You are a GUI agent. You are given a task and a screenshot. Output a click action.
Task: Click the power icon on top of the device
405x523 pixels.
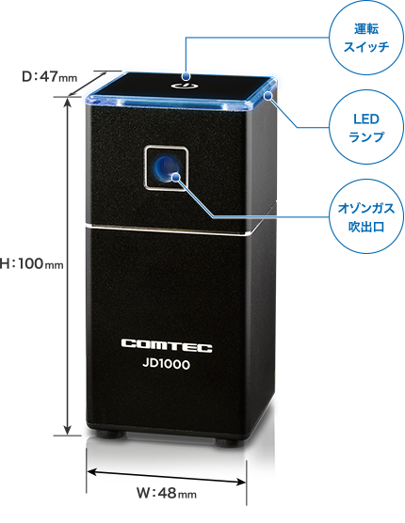coord(183,86)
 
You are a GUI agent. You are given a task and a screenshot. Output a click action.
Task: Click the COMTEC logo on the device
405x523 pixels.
coord(167,345)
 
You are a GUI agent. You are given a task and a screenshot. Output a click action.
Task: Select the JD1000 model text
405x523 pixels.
coord(166,363)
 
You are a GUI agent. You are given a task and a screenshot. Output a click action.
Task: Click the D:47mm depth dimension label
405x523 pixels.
coord(49,77)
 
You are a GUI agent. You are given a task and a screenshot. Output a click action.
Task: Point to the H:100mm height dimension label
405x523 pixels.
coord(31,263)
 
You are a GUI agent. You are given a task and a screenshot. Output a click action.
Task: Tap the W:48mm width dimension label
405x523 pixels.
coord(167,493)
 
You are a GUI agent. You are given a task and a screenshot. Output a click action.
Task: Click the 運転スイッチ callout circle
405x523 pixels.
coord(366,38)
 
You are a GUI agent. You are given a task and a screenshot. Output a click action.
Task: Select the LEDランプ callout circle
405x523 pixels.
coord(366,127)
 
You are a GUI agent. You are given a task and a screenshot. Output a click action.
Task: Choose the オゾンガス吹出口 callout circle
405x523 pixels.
coord(366,216)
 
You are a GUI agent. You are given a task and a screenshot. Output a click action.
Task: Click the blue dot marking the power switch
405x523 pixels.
coord(186,76)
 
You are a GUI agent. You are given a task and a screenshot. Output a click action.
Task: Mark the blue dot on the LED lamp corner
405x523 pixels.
coord(267,96)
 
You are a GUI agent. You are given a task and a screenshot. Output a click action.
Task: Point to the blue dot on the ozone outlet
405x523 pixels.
coord(175,176)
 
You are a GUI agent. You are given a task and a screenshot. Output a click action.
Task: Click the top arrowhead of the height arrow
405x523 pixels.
coord(68,101)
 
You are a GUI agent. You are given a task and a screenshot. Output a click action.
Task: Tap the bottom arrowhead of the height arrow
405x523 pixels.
coord(68,431)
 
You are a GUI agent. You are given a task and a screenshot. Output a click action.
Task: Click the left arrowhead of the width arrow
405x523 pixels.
coord(91,471)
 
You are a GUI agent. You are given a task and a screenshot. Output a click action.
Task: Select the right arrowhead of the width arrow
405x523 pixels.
coord(241,482)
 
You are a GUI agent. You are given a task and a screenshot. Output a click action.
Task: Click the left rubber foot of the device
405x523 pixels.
coord(111,435)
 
